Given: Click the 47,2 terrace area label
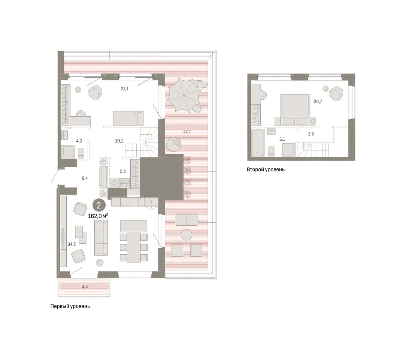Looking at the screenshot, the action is pos(187,132).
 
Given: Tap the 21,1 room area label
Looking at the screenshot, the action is pos(125,88).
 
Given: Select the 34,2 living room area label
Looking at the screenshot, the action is pos(72,244).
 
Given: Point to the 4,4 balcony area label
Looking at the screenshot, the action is pos(85,287).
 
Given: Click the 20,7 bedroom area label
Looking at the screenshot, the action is pos(318,102).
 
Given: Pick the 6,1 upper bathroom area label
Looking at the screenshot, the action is pos(282,139).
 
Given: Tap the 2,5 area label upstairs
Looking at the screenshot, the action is pos(311,134).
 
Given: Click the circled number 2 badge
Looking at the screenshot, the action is pos(99,205).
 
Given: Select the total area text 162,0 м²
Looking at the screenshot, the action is pos(98,216).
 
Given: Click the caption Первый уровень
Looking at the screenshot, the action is pos(70,306).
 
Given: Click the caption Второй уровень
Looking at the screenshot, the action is pos(266,169).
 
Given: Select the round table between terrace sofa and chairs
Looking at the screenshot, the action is pos(187,235).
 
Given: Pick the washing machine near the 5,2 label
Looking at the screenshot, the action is pos(114,183).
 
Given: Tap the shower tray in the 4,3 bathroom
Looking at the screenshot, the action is pos(68,152).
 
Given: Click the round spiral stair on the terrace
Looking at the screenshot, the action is pos(173,145).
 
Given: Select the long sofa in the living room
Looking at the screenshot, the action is pos(101,238).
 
